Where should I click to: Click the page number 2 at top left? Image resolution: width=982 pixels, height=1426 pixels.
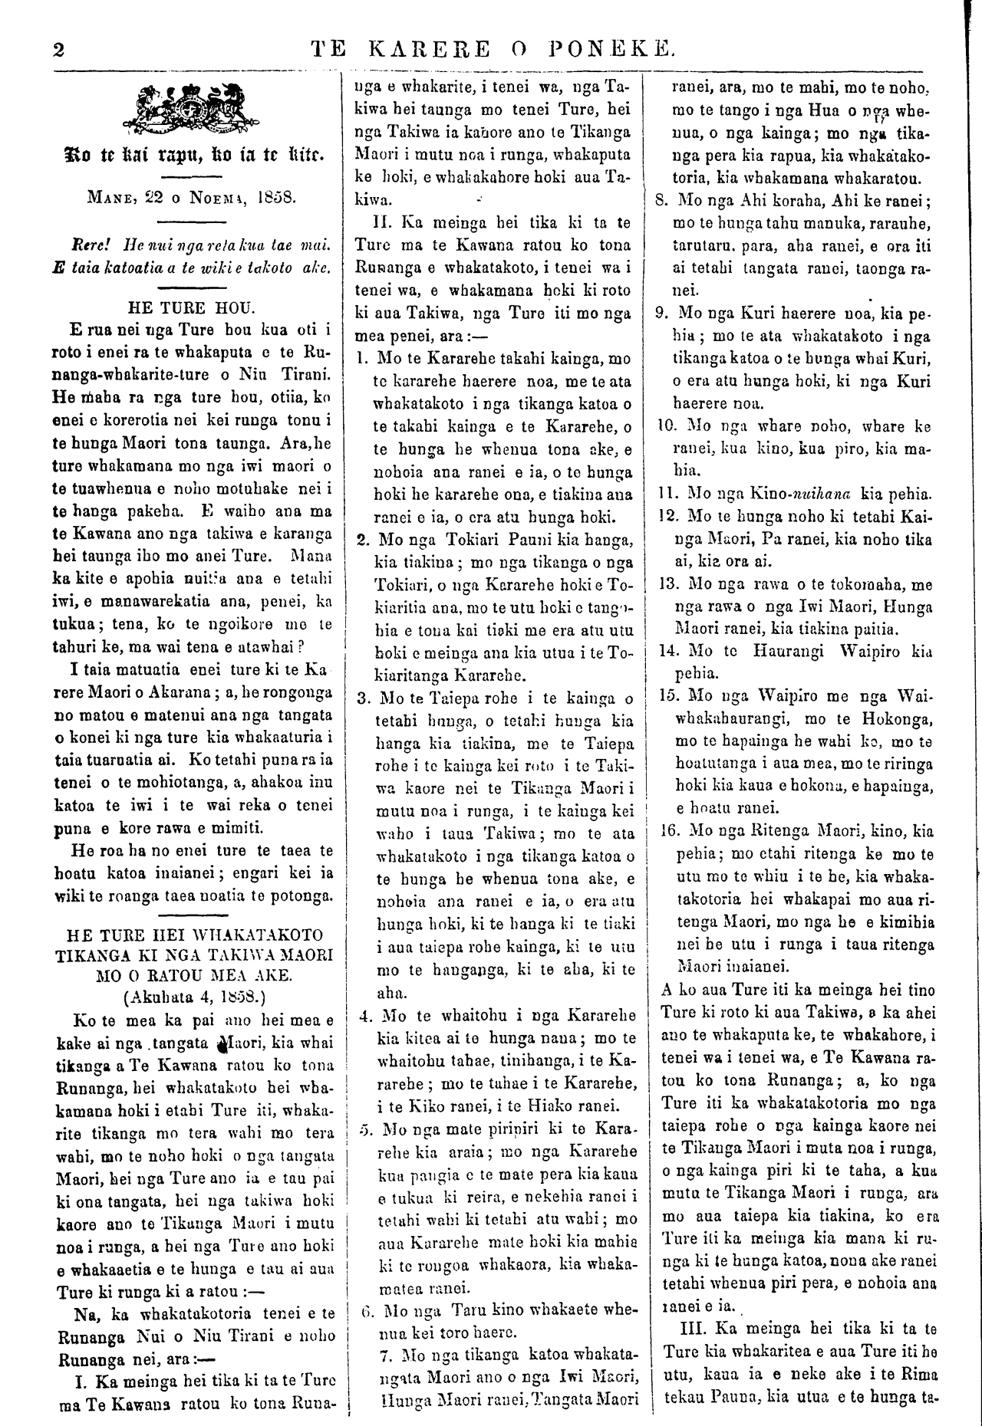(58, 50)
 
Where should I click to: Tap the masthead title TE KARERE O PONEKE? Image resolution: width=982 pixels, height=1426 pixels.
(494, 51)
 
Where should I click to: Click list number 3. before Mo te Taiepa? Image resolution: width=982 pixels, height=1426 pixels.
(365, 699)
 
